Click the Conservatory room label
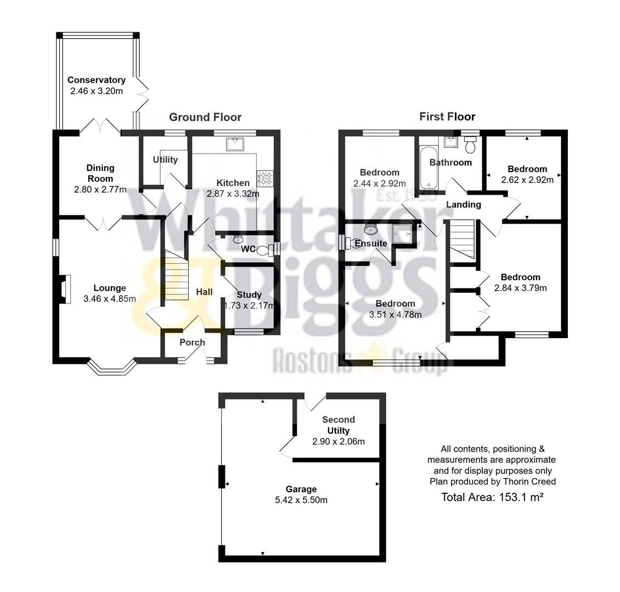point(97,80)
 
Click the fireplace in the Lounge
point(65,289)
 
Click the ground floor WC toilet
point(266,251)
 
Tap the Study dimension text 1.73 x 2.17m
point(249,306)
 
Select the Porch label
point(192,343)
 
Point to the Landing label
point(463,204)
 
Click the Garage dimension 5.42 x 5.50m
point(301,500)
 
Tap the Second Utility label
point(338,425)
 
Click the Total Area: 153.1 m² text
point(492,497)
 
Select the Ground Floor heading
point(205,117)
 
